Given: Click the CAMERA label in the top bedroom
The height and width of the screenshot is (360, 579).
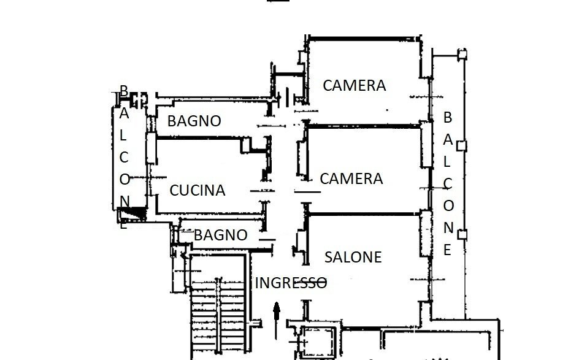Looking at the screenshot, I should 355,86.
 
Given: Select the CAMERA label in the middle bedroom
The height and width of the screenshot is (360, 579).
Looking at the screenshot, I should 351,179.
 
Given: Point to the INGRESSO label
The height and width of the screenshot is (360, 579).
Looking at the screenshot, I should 291,283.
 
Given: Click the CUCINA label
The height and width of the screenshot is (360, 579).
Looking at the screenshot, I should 197,191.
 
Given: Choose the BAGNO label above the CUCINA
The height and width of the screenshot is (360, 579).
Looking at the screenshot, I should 194,121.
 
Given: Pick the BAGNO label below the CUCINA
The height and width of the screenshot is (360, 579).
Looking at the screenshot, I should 220,235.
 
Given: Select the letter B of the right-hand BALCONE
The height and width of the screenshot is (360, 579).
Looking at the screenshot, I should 448,117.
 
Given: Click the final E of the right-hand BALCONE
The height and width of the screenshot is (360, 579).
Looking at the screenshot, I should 448,250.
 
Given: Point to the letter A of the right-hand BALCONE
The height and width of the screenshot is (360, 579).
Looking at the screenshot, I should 448,139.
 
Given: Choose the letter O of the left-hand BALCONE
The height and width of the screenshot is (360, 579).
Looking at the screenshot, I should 125,180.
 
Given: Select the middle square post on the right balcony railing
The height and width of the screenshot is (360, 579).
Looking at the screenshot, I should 463,146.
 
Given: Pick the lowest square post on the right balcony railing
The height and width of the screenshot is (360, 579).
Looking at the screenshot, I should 463,234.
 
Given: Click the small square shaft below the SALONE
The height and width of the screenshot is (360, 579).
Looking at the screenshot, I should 317,339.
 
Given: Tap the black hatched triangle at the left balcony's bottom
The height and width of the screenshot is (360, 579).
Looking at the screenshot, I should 132,213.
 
